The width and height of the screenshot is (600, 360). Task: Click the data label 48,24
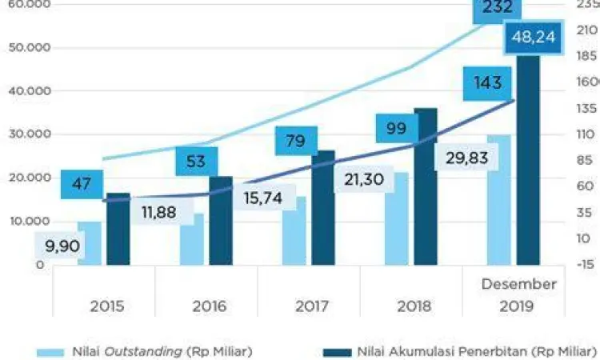tap(534, 38)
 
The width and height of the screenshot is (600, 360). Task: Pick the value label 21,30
tap(365, 181)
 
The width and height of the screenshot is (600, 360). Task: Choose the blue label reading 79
tap(295, 142)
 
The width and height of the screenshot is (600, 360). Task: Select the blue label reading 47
tap(81, 184)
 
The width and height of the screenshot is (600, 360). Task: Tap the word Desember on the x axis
tap(518, 284)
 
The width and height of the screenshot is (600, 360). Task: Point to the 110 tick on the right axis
tap(586, 134)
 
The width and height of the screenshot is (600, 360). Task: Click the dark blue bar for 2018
tap(426, 188)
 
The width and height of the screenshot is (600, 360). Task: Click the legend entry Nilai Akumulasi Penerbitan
tap(460, 350)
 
